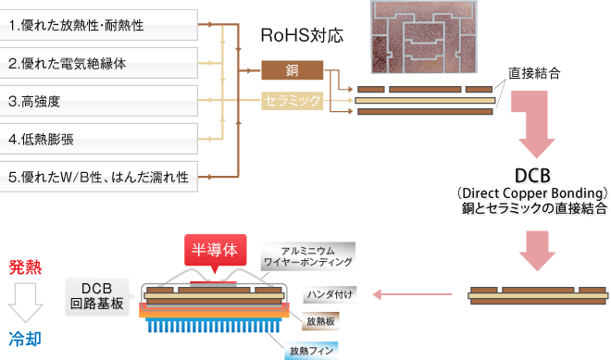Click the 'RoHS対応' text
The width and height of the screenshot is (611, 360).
(x=303, y=37)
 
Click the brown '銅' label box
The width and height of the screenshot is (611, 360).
(x=292, y=69)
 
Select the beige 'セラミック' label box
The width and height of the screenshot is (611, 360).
(x=292, y=100)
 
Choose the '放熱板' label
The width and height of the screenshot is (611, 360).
(x=322, y=320)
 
